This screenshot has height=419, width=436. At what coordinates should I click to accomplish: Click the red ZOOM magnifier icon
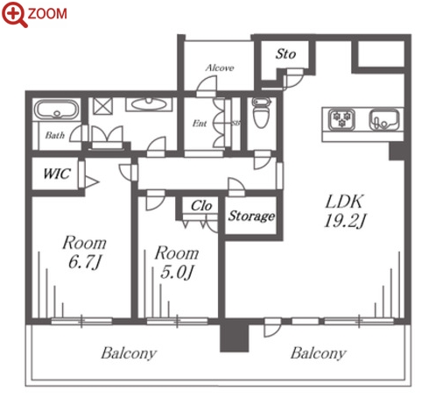click(14, 14)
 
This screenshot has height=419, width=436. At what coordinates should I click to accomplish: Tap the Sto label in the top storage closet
click(285, 54)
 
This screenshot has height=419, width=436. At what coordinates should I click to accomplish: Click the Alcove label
click(220, 67)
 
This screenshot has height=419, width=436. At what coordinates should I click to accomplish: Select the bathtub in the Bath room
click(57, 110)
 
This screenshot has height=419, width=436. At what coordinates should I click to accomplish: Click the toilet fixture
click(260, 112)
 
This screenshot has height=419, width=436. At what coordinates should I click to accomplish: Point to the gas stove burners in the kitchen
click(341, 119)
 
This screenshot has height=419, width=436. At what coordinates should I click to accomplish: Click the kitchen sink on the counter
click(384, 119)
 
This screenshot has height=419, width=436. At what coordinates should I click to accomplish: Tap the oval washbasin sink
click(149, 104)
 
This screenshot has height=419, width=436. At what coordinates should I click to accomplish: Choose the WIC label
click(57, 174)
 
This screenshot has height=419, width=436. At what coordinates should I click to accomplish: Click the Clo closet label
click(201, 206)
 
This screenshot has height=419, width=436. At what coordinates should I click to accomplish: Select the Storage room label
click(251, 217)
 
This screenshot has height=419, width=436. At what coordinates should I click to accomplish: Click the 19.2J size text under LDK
click(345, 221)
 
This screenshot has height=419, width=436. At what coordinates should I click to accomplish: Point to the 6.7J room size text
click(85, 262)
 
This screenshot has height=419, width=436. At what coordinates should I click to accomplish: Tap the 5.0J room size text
click(177, 273)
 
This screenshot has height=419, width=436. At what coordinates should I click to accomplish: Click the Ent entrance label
click(200, 124)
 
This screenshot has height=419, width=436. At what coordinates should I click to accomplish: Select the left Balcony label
click(129, 353)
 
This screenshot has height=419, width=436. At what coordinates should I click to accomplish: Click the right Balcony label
click(319, 353)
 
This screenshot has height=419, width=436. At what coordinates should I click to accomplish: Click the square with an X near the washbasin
click(102, 106)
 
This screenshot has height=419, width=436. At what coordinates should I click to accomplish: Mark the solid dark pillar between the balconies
click(234, 336)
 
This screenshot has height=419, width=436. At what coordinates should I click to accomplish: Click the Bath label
click(55, 135)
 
